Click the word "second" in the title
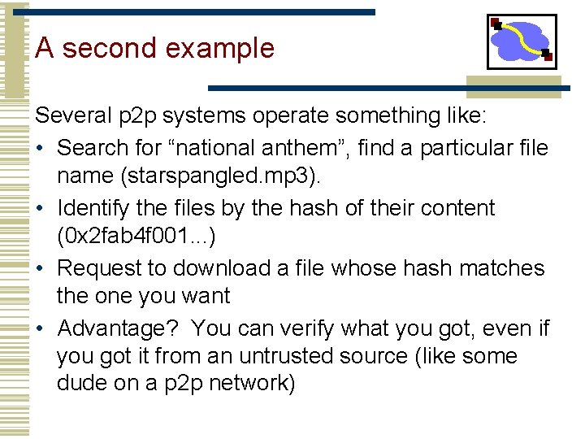pos(109,48)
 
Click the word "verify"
pos(302,328)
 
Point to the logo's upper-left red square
pos(496,24)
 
